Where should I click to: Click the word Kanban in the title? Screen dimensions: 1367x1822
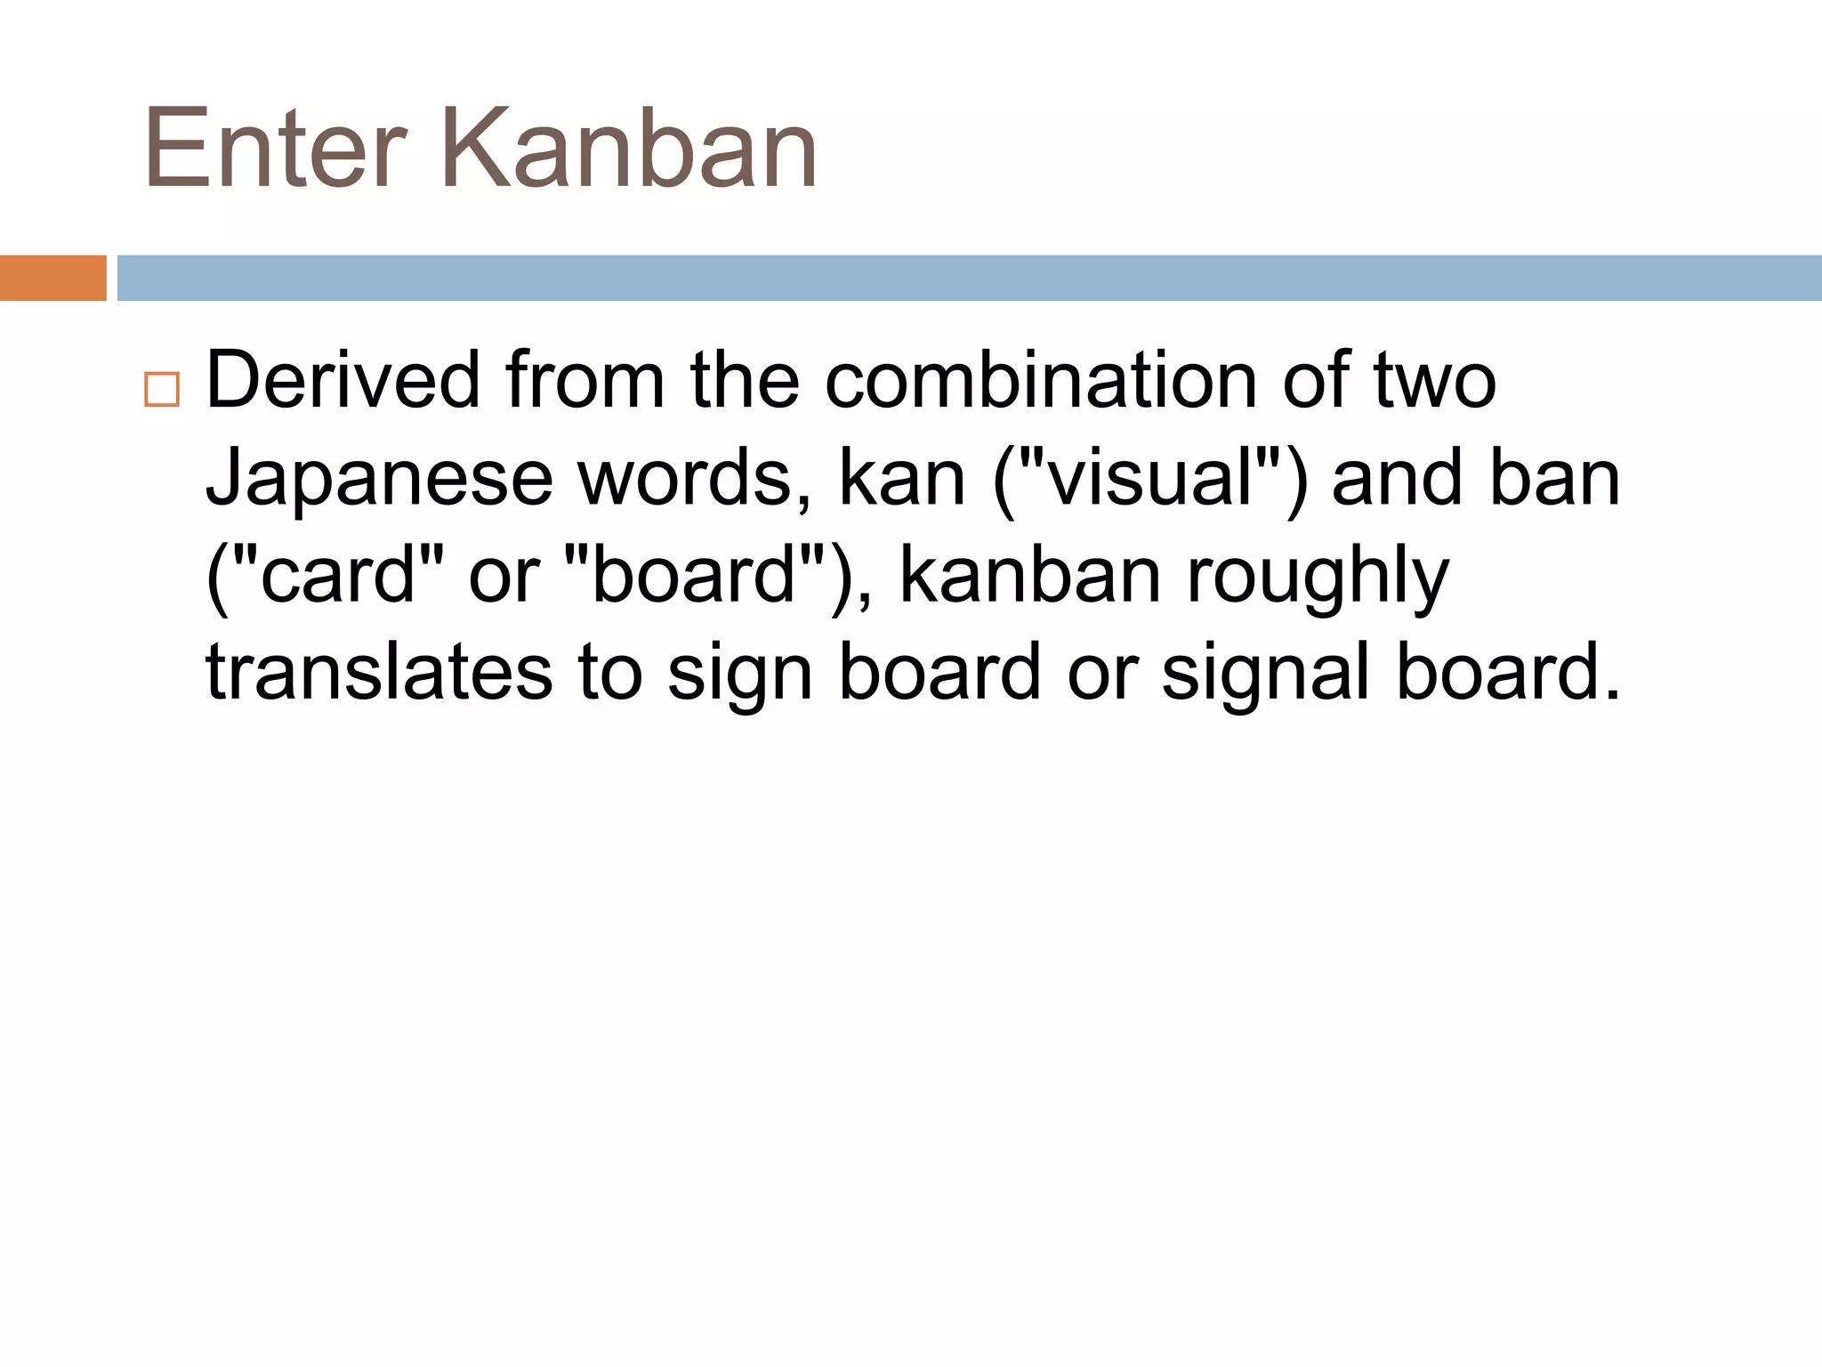pos(628,149)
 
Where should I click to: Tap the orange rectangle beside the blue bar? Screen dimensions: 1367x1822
pos(52,278)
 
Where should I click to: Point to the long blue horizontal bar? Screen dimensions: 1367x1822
pos(968,278)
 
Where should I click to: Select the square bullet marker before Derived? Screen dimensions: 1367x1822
pos(161,390)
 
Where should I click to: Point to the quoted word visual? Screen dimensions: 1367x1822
pos(1149,479)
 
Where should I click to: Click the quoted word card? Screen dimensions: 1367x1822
pos(338,576)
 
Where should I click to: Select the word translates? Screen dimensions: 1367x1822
pos(380,673)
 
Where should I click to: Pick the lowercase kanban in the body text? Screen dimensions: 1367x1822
pos(1030,576)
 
